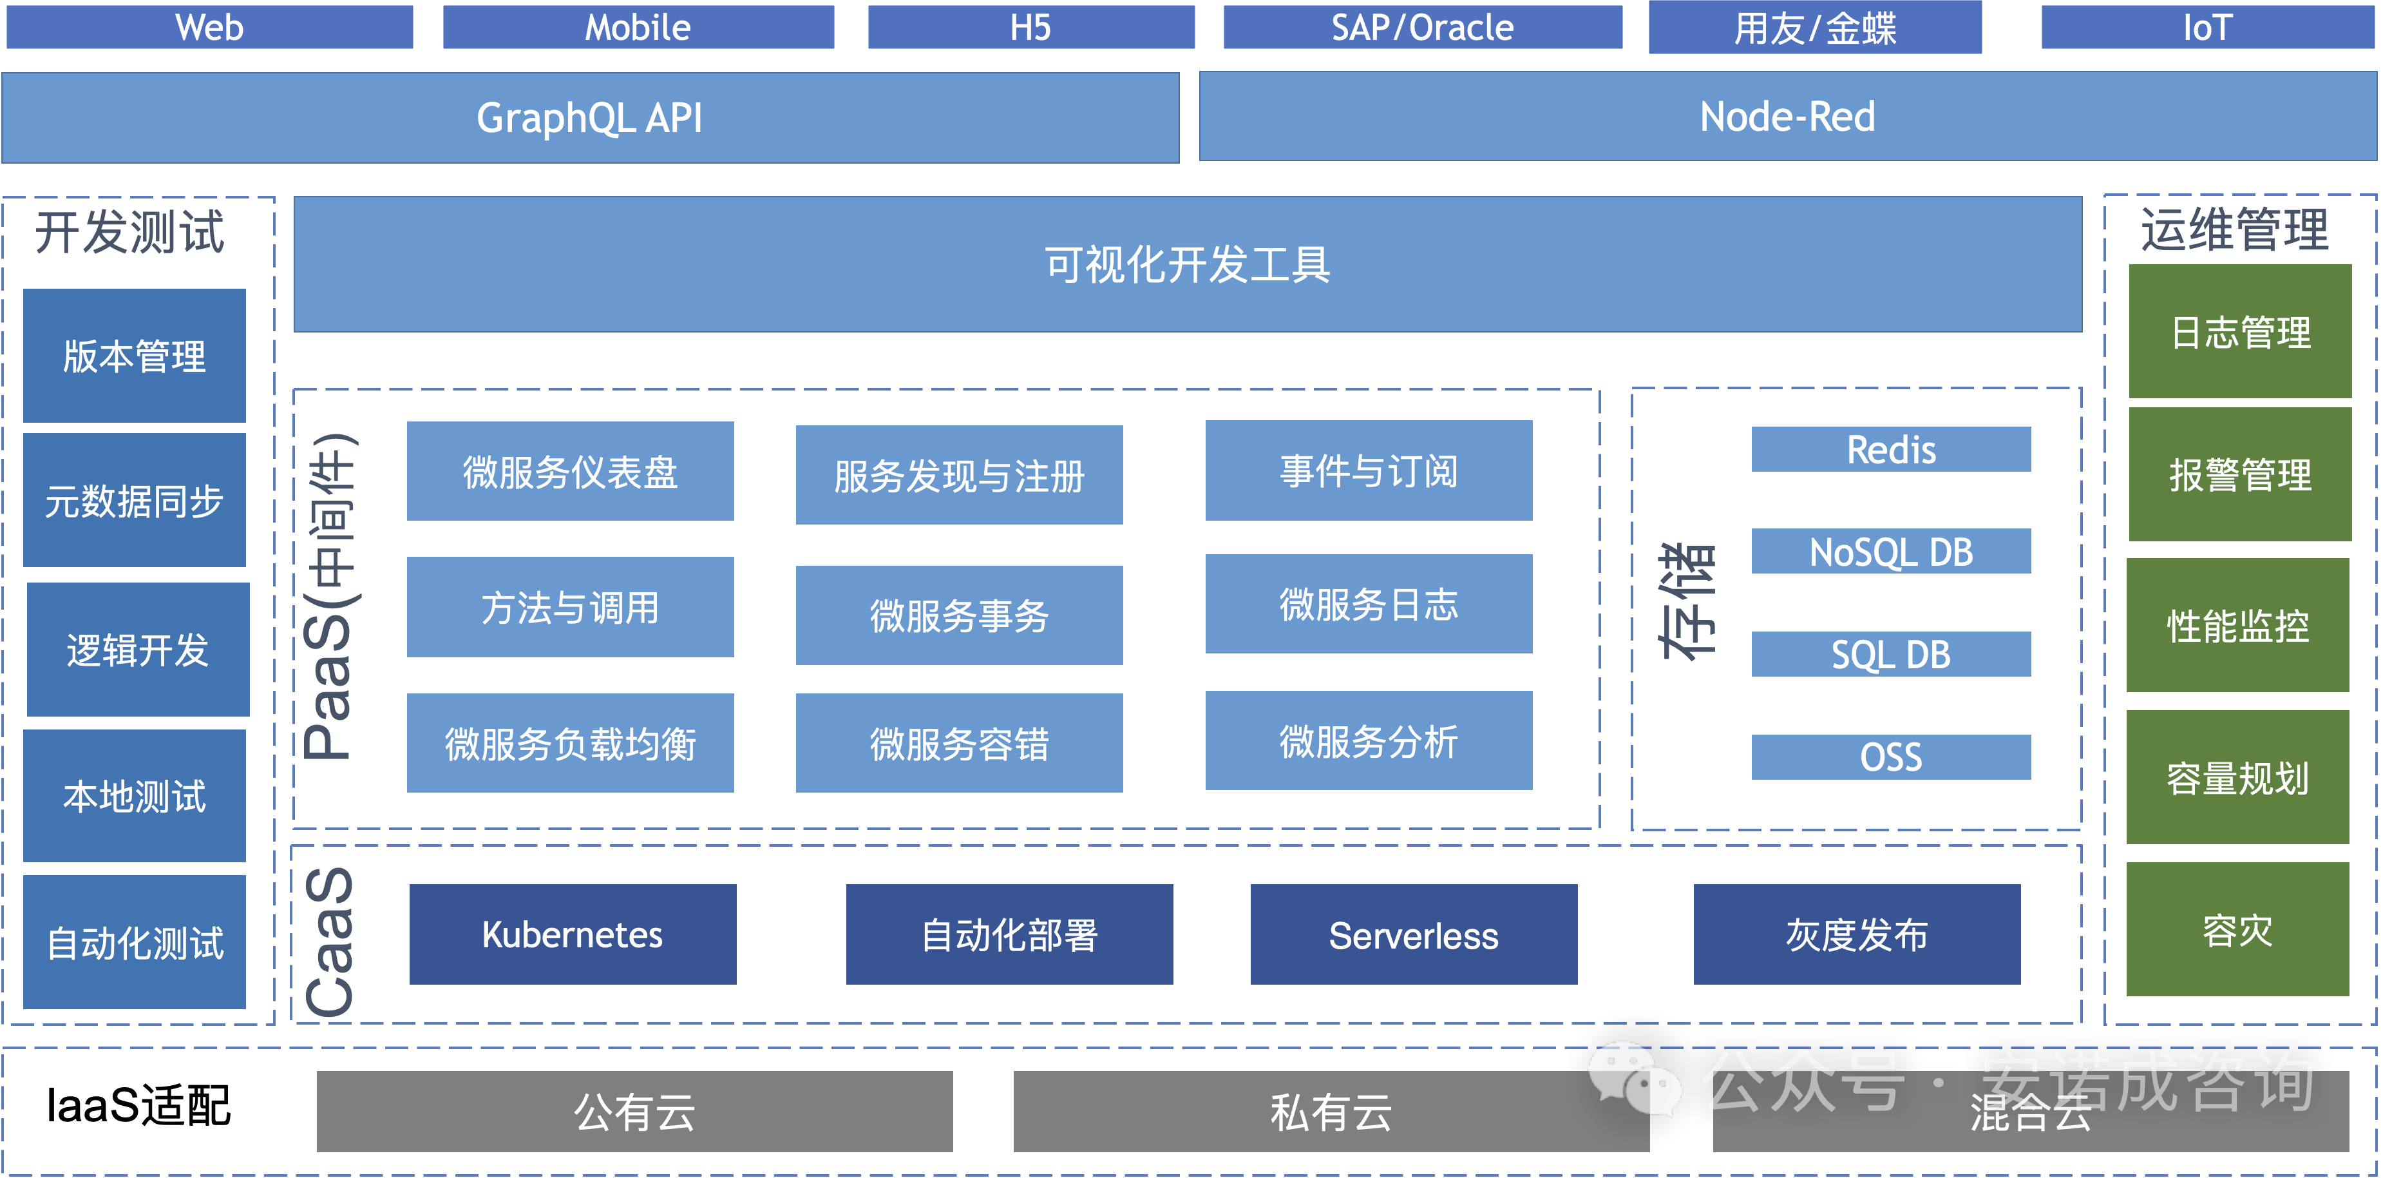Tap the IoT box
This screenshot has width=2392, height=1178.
(2207, 27)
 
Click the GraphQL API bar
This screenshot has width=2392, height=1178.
(590, 118)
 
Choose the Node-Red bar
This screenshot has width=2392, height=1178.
(1787, 117)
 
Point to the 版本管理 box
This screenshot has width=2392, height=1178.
(135, 356)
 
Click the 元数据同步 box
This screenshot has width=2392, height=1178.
(135, 501)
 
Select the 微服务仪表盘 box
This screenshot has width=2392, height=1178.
(570, 472)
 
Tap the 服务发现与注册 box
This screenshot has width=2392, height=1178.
(958, 476)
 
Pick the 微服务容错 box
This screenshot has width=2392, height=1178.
(958, 743)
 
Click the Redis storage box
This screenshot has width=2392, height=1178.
(1890, 450)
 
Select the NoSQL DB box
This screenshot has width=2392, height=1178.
(1890, 552)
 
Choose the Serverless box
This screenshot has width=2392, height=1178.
(1413, 934)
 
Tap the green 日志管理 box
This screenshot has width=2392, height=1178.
(2240, 332)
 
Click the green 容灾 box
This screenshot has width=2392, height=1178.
(2238, 930)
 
